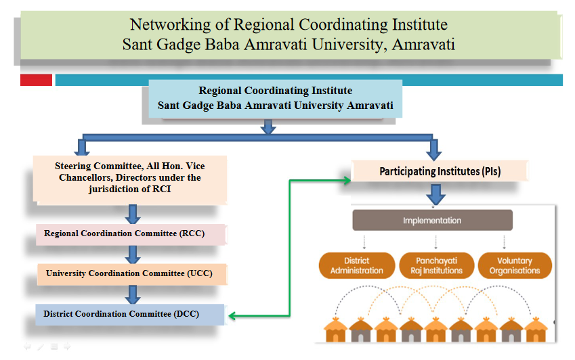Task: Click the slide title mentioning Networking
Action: (289, 34)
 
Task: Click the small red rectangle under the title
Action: (36, 80)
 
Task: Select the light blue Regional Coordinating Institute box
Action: (275, 98)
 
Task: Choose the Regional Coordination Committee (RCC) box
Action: (131, 234)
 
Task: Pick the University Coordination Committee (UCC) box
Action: (131, 273)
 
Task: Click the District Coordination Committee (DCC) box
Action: (130, 314)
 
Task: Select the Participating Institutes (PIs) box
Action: (440, 172)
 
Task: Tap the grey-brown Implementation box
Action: (432, 221)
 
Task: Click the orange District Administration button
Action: (356, 265)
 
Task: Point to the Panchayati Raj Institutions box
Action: (435, 265)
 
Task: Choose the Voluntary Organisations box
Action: (515, 265)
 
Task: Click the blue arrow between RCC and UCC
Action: (133, 254)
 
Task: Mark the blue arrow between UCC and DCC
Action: (133, 294)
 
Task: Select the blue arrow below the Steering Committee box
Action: (133, 214)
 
